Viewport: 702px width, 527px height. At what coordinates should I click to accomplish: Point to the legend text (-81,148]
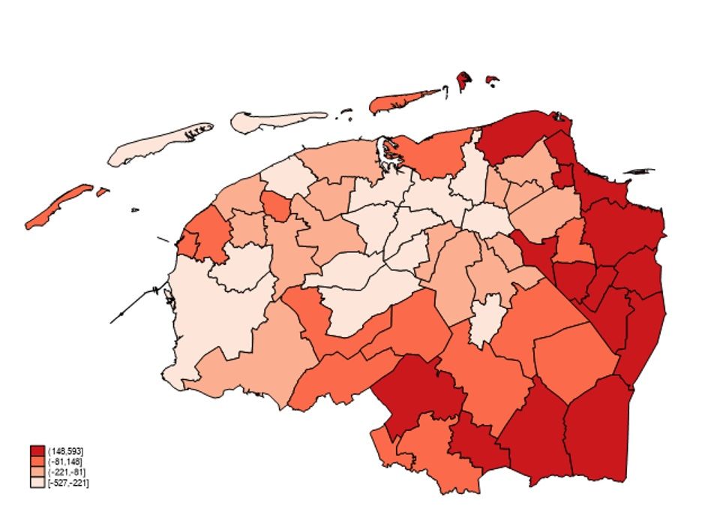[x=65, y=460]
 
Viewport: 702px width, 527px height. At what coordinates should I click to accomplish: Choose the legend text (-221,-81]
[x=66, y=471]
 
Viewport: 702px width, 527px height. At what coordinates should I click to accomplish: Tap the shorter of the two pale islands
[x=274, y=121]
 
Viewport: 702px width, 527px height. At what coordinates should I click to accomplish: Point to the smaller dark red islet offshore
[x=492, y=80]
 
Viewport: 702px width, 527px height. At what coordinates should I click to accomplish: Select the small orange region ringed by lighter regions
[x=277, y=205]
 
